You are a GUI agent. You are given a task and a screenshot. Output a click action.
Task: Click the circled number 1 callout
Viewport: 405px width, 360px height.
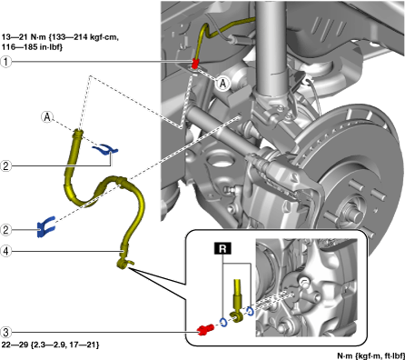coord(5,62)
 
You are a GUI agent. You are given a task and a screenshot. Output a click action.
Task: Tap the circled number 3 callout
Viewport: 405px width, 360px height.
coord(5,333)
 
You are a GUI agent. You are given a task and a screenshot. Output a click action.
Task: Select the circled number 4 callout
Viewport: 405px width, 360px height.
coord(5,251)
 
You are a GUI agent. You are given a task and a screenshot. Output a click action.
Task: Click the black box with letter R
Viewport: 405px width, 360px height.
coord(222,248)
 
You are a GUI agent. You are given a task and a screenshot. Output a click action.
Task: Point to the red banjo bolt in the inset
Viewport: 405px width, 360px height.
coord(205,329)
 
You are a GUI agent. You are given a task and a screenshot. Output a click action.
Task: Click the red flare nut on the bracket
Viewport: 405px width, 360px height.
coord(195,63)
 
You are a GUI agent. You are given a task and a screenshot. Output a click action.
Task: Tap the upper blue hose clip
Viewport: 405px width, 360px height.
coord(105,149)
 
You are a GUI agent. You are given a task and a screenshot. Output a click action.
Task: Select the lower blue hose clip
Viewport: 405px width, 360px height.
coord(46,226)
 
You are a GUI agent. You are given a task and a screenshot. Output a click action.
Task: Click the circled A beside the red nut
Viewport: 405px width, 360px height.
coord(223,84)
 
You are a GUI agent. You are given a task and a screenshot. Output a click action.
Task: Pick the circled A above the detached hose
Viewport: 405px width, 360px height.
coord(47,116)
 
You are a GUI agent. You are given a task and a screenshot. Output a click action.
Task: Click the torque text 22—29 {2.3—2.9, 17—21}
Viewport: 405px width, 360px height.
coord(50,345)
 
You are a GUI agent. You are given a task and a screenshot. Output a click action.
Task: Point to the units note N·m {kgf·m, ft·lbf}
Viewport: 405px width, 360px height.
coord(371,355)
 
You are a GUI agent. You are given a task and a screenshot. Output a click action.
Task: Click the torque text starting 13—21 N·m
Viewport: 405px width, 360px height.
coord(60,42)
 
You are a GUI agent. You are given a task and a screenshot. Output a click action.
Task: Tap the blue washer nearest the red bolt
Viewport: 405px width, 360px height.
coord(223,323)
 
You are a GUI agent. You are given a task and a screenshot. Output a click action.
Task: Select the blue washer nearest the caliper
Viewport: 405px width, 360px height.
coord(250,312)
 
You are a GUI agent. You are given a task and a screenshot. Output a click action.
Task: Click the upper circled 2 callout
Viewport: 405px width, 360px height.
coord(5,165)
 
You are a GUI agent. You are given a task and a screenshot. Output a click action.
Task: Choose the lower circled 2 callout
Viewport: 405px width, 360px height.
coord(5,230)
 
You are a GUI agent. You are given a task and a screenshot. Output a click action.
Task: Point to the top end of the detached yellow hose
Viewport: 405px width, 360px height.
coord(78,131)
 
